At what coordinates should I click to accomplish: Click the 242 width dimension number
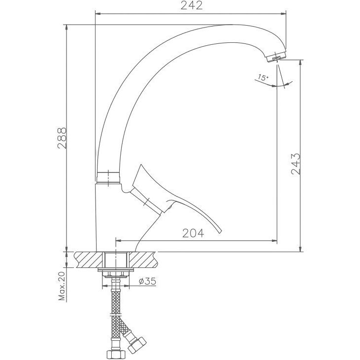192,5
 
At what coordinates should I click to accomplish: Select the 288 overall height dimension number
62,138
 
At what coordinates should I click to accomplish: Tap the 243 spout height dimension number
295,164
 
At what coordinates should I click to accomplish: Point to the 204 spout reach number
193,233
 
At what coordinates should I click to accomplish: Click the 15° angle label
262,77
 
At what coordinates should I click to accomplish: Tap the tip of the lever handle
221,232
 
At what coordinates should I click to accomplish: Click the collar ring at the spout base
108,177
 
